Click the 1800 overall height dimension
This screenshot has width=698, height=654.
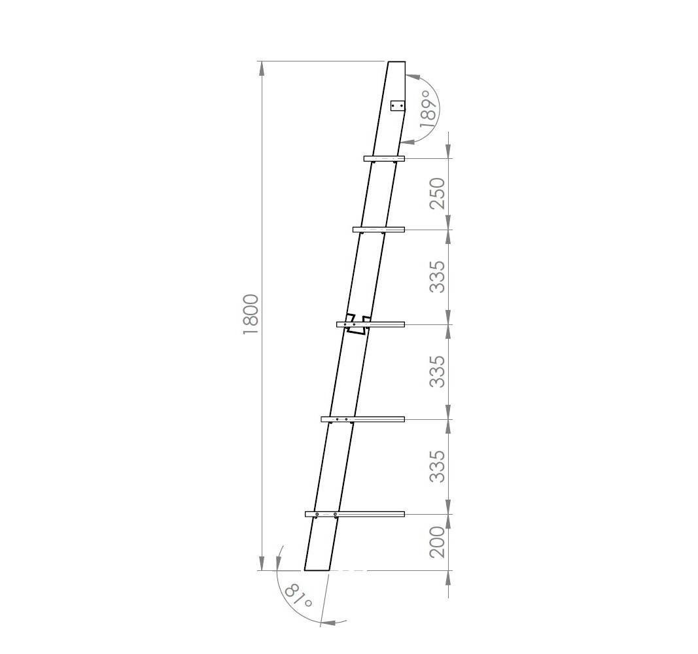coord(251,315)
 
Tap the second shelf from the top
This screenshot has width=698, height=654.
coord(379,230)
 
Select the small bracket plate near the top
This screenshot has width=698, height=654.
coord(397,106)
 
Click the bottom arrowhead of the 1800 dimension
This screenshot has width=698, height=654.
coord(262,563)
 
